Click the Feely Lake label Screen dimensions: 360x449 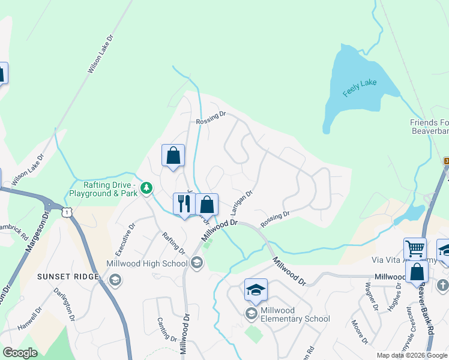pos(360,88)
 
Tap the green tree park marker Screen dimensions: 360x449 pos(146,189)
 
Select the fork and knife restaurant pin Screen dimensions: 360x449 pos(182,203)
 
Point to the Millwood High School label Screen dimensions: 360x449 pos(148,263)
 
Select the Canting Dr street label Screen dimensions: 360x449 pos(167,329)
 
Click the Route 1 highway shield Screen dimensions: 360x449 pos(67,210)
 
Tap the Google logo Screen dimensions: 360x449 pos(20,353)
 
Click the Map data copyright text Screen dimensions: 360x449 pos(412,355)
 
